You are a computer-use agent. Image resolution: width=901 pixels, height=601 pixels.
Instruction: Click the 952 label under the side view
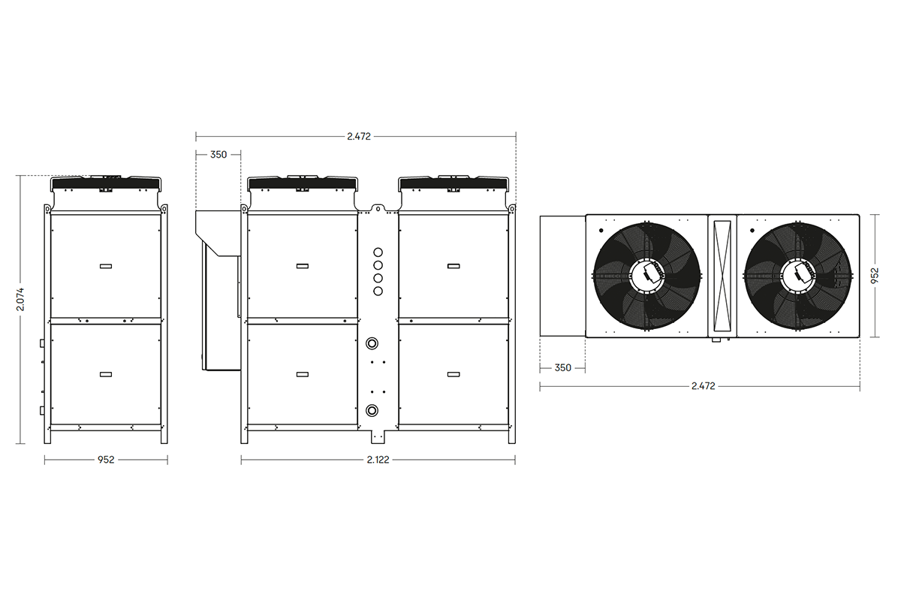click(x=106, y=460)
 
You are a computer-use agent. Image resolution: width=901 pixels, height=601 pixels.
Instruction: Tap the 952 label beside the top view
click(x=875, y=276)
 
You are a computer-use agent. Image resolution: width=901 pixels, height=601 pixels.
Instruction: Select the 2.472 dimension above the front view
click(x=358, y=137)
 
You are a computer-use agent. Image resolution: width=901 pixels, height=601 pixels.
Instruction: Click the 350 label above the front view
click(x=218, y=155)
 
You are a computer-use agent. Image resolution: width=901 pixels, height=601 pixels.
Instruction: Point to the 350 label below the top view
click(x=562, y=368)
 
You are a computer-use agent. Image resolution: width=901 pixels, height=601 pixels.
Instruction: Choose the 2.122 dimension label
click(x=378, y=460)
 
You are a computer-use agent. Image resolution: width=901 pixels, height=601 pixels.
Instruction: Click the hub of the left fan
click(x=646, y=274)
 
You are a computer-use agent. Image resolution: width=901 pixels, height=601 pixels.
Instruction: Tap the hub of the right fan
click(x=798, y=274)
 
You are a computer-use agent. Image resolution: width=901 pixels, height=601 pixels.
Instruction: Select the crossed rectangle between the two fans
click(x=722, y=275)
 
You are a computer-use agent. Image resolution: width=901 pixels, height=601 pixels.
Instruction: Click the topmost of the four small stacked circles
click(x=378, y=251)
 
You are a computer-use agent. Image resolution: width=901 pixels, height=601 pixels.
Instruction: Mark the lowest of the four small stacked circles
click(x=378, y=291)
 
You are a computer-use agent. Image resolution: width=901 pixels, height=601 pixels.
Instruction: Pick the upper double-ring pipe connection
click(x=372, y=343)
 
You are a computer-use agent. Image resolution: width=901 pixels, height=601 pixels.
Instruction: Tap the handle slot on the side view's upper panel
click(x=106, y=266)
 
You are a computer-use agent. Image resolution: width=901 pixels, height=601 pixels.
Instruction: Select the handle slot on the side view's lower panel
click(x=106, y=374)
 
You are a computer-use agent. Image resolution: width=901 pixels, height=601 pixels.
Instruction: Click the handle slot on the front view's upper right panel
click(x=454, y=266)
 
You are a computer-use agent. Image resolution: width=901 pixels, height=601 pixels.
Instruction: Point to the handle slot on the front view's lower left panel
click(x=303, y=374)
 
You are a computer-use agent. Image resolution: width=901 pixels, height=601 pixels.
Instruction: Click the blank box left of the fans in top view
click(x=562, y=276)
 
